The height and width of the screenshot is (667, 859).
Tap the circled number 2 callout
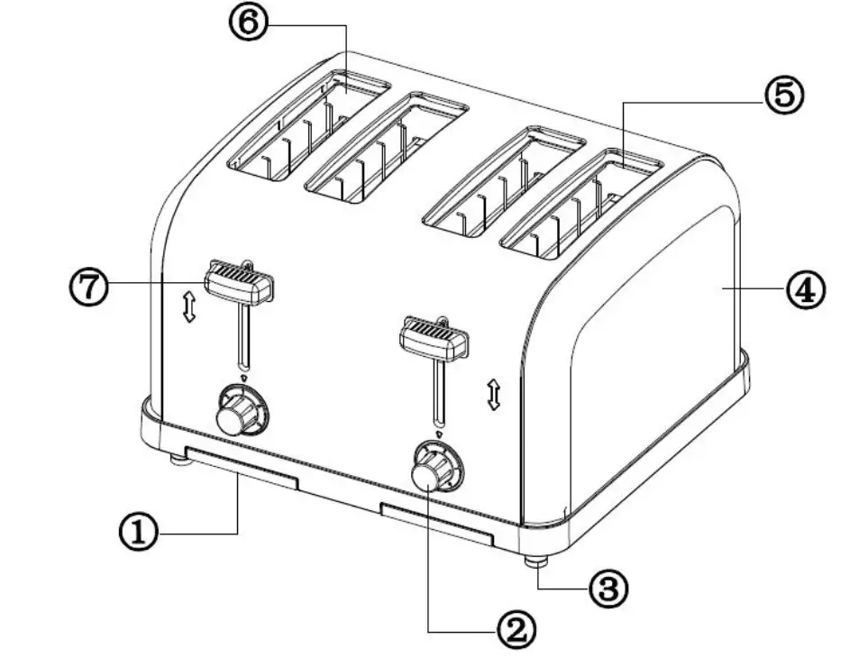515,629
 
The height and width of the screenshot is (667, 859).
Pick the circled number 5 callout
783,95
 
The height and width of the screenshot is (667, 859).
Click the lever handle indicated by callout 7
239,282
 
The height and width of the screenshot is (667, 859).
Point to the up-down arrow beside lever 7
188,307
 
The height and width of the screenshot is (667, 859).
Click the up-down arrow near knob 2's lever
493,395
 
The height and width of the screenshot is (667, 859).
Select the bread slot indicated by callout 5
581,207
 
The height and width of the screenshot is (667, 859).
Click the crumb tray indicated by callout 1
241,467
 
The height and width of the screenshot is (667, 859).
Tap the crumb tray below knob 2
437,525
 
